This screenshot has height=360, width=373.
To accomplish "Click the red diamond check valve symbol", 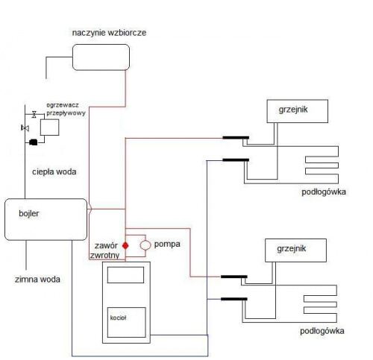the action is click(x=125, y=246).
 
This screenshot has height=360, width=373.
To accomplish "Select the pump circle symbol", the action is click(x=145, y=245).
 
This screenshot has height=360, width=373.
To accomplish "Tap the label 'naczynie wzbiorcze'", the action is click(x=109, y=33).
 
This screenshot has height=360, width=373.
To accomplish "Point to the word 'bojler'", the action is click(x=29, y=213).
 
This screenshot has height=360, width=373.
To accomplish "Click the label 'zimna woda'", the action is click(x=37, y=280).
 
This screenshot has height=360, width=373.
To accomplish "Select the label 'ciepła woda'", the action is click(x=54, y=171).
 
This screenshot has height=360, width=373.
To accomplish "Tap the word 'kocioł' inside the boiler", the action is click(x=118, y=318).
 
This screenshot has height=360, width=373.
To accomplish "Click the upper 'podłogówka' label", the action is click(x=324, y=192).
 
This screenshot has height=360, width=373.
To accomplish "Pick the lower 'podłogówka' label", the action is click(x=322, y=331).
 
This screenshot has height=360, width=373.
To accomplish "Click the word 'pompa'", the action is click(x=167, y=244).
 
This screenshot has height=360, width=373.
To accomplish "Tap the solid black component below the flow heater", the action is click(x=34, y=142).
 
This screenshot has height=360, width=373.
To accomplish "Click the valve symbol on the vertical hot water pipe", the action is click(x=25, y=128).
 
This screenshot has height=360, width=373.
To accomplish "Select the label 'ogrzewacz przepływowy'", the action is click(x=66, y=109).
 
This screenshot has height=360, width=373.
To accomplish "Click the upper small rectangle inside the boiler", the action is click(x=125, y=275).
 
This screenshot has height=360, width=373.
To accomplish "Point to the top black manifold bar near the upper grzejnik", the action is click(x=236, y=138).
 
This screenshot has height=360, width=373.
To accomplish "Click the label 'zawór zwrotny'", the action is click(x=104, y=250).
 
